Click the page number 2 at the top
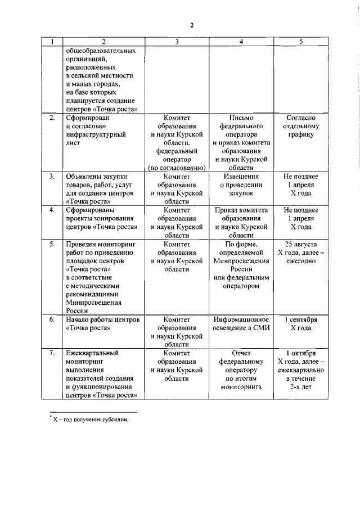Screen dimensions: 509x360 (192, 25)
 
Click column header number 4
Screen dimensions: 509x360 (241, 42)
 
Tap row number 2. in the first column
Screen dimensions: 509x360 (52, 118)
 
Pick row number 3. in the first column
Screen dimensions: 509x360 (52, 177)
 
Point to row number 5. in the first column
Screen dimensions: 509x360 (52, 245)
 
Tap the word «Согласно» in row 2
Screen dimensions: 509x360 (301, 118)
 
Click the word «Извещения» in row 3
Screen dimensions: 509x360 (241, 177)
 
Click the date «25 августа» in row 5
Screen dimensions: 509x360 (301, 245)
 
